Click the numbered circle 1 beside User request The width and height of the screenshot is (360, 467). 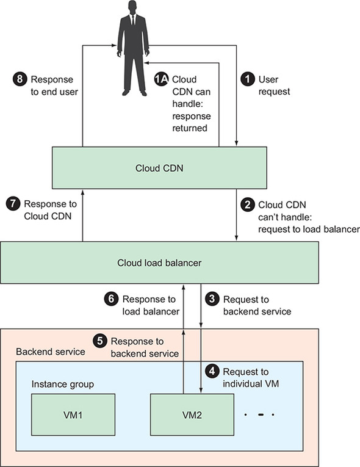pyautogui.click(x=248, y=79)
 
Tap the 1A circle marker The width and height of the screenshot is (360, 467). pyautogui.click(x=161, y=79)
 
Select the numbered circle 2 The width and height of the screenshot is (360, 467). pyautogui.click(x=248, y=205)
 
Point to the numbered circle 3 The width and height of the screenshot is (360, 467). pyautogui.click(x=212, y=299)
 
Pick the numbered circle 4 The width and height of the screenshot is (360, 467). pyautogui.click(x=212, y=371)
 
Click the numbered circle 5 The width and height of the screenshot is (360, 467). pyautogui.click(x=100, y=341)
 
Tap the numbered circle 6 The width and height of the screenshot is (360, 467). pyautogui.click(x=112, y=299)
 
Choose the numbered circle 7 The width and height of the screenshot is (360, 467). pyautogui.click(x=13, y=204)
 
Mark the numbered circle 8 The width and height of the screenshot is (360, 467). pyautogui.click(x=20, y=79)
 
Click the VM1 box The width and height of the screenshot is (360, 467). pyautogui.click(x=73, y=415)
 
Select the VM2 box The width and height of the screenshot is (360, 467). pyautogui.click(x=192, y=415)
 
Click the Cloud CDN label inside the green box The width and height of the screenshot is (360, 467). pyautogui.click(x=159, y=168)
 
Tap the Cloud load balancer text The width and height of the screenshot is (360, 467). pyautogui.click(x=159, y=263)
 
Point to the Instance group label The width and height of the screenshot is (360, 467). pyautogui.click(x=62, y=385)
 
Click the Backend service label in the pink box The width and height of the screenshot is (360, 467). pyautogui.click(x=51, y=352)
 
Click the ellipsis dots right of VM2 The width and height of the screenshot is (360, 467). pyautogui.click(x=259, y=415)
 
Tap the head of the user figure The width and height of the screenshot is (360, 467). pyautogui.click(x=132, y=7)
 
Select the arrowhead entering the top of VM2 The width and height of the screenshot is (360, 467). pyautogui.click(x=201, y=391)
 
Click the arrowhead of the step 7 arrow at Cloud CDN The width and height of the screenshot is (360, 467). pyautogui.click(x=83, y=192)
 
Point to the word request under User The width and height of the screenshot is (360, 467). pyautogui.click(x=274, y=92)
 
